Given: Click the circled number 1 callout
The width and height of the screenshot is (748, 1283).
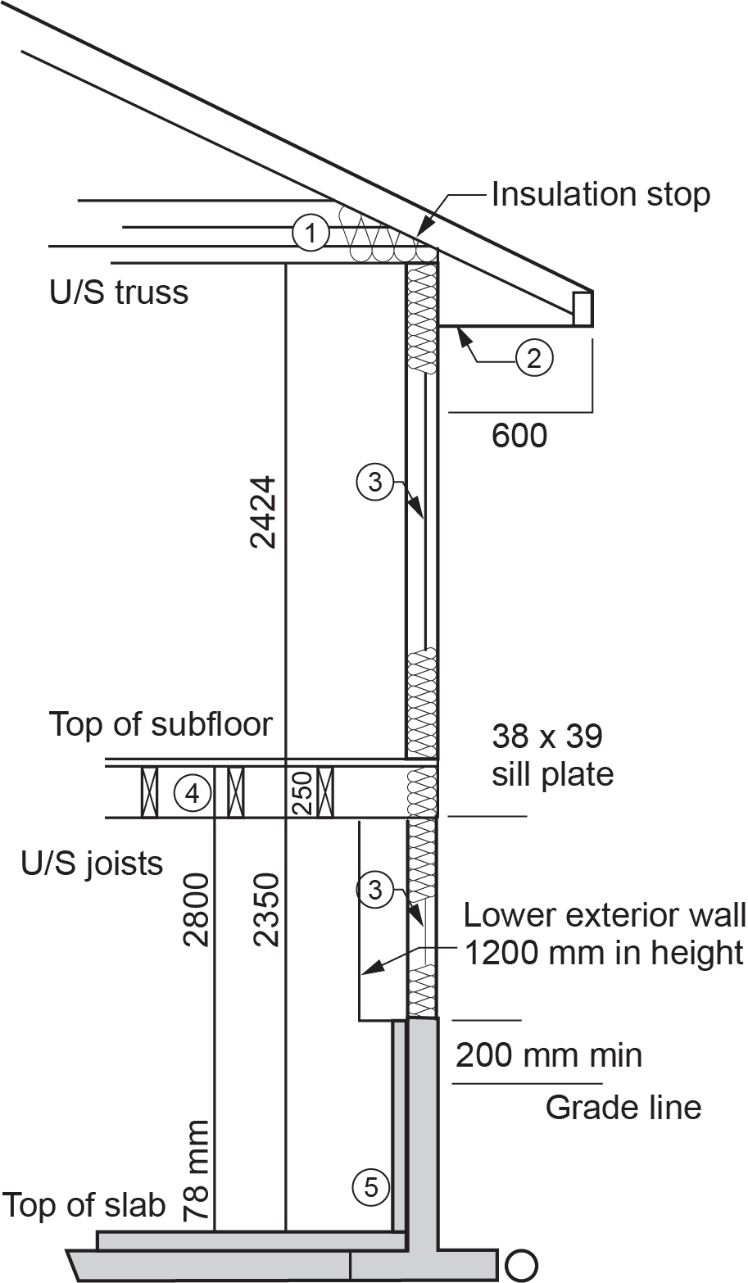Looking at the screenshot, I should pyautogui.click(x=310, y=233).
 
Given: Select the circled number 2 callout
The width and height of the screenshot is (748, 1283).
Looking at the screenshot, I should pyautogui.click(x=534, y=357).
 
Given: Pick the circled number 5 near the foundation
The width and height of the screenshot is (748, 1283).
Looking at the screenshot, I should pyautogui.click(x=371, y=1186).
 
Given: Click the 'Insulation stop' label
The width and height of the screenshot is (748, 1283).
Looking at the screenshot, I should pyautogui.click(x=601, y=195).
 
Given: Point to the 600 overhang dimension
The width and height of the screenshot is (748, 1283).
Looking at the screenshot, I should pyautogui.click(x=519, y=435).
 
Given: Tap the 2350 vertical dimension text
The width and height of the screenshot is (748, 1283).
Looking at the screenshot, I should pyautogui.click(x=266, y=910).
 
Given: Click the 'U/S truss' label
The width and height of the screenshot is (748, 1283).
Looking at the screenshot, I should pyautogui.click(x=119, y=292).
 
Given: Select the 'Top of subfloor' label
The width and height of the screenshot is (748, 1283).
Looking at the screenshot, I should pyautogui.click(x=161, y=724).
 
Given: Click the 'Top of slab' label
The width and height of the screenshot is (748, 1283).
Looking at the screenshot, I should pyautogui.click(x=84, y=1206).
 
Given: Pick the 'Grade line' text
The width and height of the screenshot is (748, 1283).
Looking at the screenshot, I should pyautogui.click(x=623, y=1108).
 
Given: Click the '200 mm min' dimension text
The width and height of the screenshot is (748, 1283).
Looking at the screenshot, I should pyautogui.click(x=549, y=1054).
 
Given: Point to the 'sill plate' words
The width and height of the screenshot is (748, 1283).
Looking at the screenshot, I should pyautogui.click(x=552, y=773).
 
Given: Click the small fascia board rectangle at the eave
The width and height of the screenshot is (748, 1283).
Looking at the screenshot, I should pyautogui.click(x=583, y=307).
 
